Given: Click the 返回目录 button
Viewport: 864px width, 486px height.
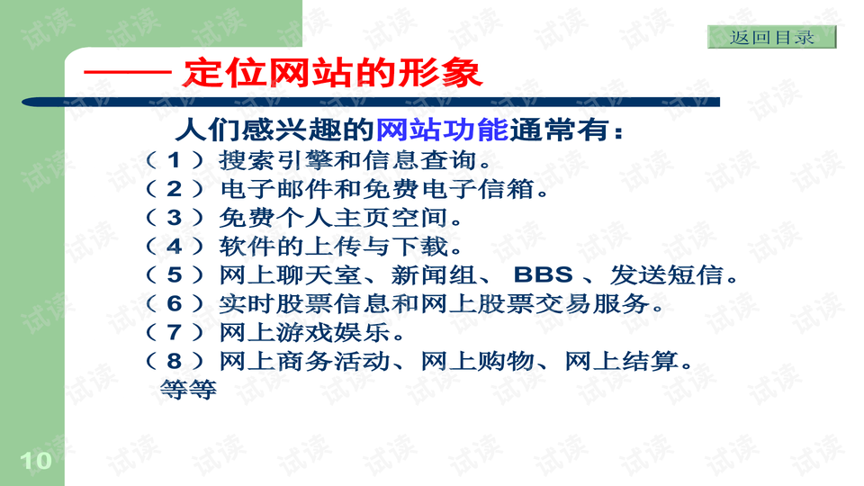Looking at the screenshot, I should (x=771, y=38).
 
